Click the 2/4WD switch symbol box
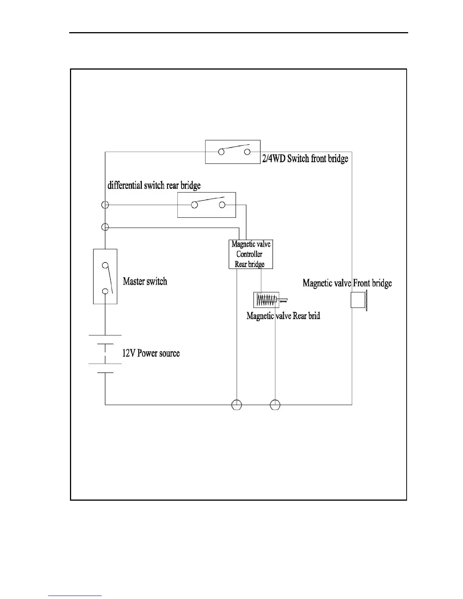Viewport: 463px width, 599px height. (x=233, y=152)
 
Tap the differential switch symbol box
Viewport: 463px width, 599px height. (x=207, y=205)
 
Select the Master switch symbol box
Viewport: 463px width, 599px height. (x=105, y=276)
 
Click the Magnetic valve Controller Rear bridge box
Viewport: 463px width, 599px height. (x=250, y=254)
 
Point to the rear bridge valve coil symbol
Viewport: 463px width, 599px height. (x=266, y=300)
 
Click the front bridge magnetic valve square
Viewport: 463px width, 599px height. (x=358, y=300)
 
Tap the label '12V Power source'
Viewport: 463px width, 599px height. (x=151, y=354)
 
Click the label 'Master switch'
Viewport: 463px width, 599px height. (x=145, y=281)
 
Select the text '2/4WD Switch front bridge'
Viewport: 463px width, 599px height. (x=305, y=158)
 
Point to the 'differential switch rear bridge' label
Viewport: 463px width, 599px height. (x=154, y=185)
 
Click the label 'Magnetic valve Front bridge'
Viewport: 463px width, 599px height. (x=347, y=283)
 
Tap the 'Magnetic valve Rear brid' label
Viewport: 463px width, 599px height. (x=283, y=316)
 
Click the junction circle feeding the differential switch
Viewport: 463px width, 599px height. (x=106, y=205)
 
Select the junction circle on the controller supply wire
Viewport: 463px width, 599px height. (x=106, y=227)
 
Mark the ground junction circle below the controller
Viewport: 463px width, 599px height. (x=236, y=405)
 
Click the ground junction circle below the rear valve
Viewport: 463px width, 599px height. (x=275, y=405)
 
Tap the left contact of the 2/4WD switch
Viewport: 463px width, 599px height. (x=221, y=152)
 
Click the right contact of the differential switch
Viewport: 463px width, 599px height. (x=222, y=205)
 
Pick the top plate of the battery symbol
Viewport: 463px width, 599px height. (x=105, y=335)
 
